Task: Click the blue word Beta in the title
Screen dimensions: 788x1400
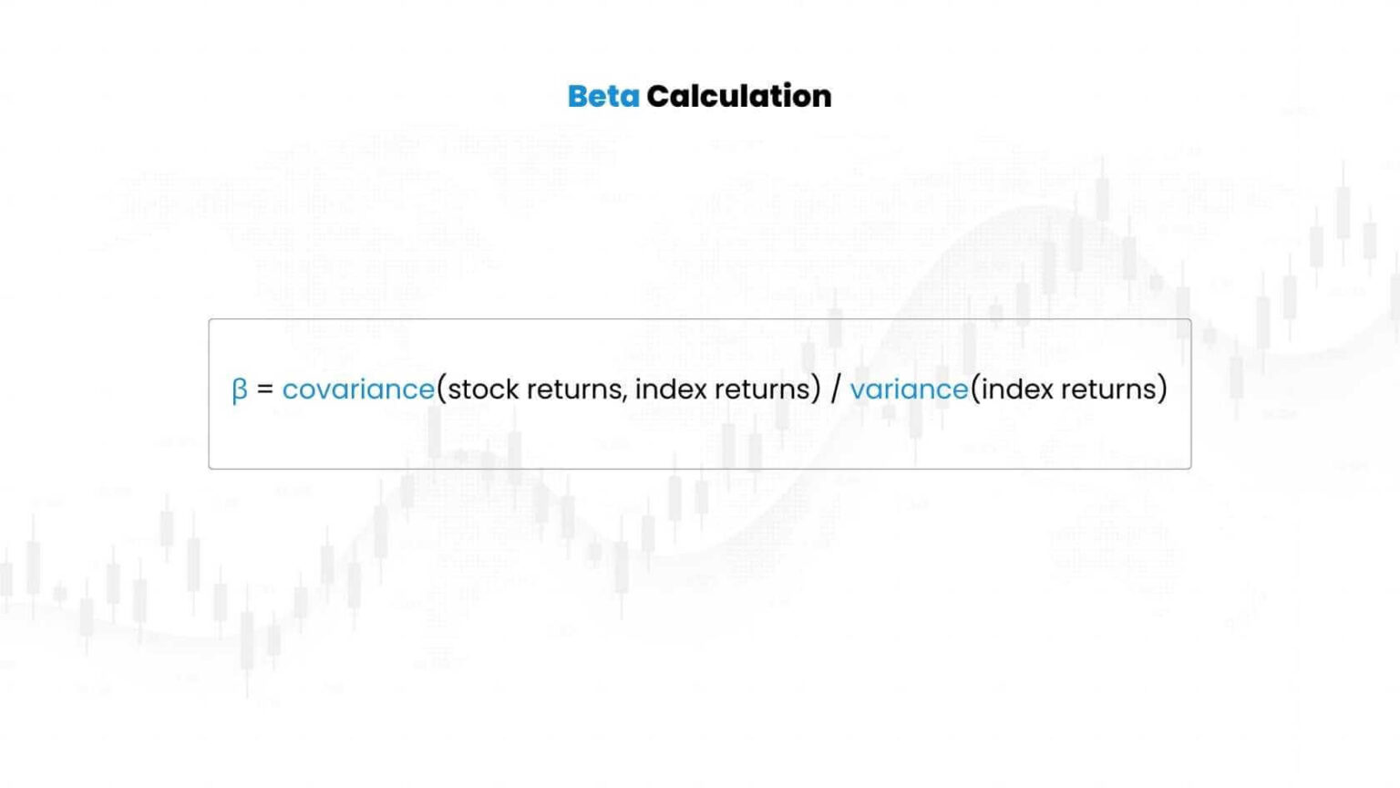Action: click(x=602, y=96)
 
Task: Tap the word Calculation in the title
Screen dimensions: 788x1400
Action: click(x=738, y=96)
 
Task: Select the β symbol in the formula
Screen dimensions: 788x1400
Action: click(x=240, y=390)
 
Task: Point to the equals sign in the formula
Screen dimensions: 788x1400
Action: click(x=265, y=389)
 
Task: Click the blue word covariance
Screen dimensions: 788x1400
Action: click(x=358, y=389)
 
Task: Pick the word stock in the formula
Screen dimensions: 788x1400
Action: click(x=483, y=389)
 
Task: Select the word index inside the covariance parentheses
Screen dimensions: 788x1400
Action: click(x=671, y=389)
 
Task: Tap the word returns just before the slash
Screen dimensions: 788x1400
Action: click(x=762, y=389)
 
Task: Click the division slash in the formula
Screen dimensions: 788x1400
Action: click(x=835, y=389)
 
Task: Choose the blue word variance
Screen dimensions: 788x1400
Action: click(x=909, y=389)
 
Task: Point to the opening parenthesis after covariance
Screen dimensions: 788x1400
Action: click(x=441, y=389)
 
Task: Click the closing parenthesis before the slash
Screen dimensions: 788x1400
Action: click(x=816, y=389)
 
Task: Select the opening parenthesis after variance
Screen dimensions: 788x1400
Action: click(x=974, y=389)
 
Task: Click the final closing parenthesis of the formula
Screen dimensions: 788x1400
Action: click(x=1162, y=389)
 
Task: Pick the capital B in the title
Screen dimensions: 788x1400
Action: click(x=577, y=96)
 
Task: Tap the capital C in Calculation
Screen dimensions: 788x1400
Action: click(x=657, y=96)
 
